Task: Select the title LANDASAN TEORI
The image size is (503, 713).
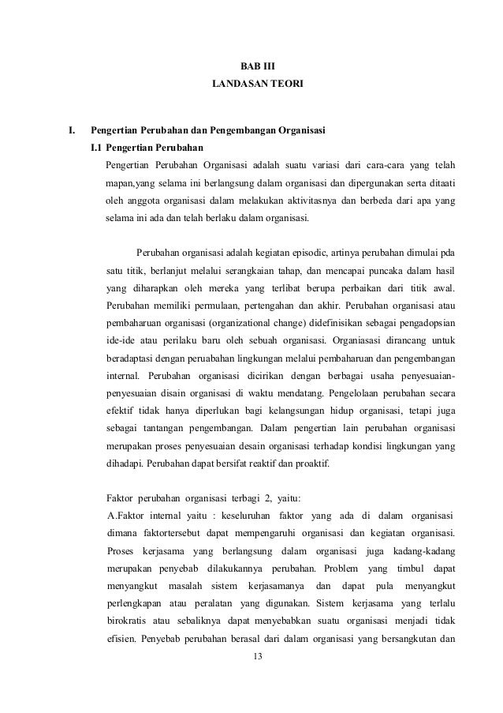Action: coord(252,82)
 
